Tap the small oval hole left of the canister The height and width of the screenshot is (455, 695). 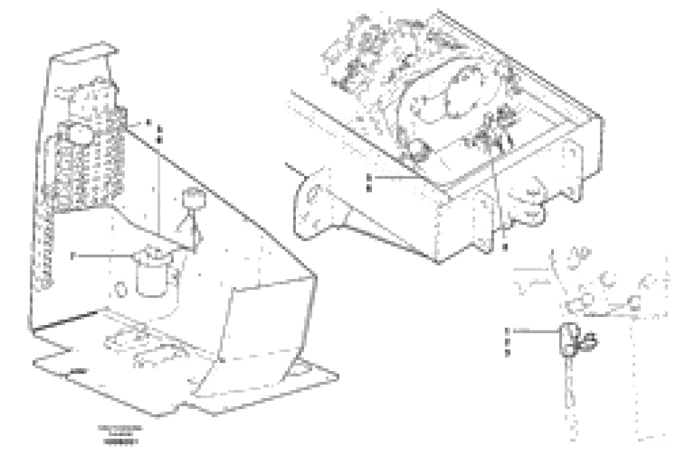point(121,289)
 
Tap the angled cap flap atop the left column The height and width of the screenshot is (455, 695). point(85,57)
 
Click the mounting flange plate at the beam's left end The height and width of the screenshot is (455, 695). point(311,204)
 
